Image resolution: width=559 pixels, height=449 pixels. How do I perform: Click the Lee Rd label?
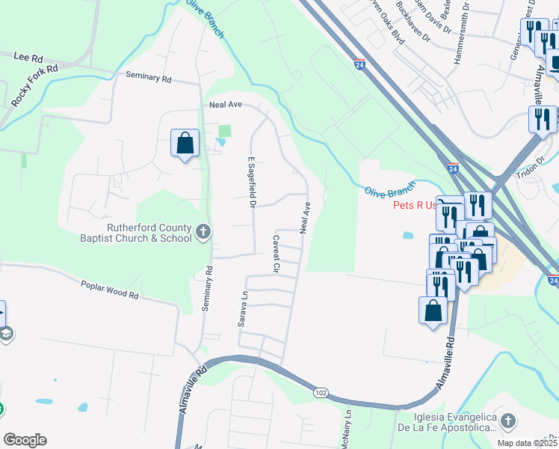coord(28,56)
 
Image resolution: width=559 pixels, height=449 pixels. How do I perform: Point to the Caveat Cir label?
coord(276,254)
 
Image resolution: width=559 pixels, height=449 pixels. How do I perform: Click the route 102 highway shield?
coord(321,392)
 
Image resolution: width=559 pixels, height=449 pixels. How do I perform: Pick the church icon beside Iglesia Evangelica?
coord(507,421)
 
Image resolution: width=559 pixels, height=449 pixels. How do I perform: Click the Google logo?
coord(25,440)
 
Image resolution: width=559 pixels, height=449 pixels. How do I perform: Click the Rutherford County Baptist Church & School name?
coord(137,233)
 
